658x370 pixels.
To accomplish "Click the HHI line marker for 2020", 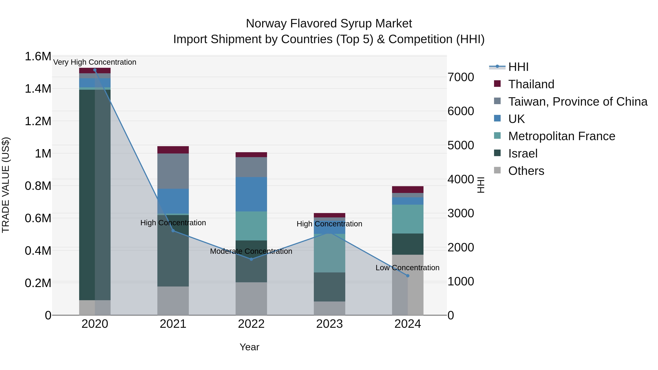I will click(95, 70).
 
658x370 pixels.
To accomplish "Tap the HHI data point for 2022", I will click(251, 259).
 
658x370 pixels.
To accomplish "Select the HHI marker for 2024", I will click(408, 276).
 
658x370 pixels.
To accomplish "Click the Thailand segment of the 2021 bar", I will click(173, 150).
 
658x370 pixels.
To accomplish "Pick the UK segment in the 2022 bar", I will click(251, 194).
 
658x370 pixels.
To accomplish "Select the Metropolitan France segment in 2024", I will click(408, 219).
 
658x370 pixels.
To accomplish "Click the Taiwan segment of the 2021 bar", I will click(173, 171).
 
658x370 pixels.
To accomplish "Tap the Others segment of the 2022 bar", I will click(251, 299).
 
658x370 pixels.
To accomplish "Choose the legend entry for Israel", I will click(523, 153).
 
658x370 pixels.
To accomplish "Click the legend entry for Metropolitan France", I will click(561, 136).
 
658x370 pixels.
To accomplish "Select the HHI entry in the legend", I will click(518, 67).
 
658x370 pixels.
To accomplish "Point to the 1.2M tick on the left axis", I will click(38, 121).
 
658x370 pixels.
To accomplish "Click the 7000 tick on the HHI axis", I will click(461, 77).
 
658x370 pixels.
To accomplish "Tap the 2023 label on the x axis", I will click(329, 324).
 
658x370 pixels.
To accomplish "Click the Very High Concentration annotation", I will click(95, 62).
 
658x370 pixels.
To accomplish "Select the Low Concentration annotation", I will click(407, 268).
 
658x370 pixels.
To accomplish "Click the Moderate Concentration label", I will click(251, 251).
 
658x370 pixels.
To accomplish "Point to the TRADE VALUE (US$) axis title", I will click(6, 185).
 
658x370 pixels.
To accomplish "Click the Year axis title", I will click(249, 347).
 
